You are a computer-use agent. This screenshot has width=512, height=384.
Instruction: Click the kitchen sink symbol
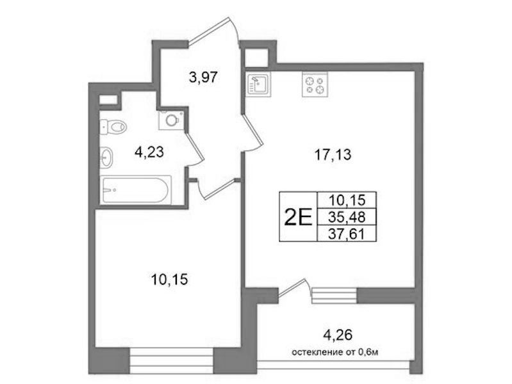point(259,84)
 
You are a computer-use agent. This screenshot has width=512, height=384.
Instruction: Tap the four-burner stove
point(315,84)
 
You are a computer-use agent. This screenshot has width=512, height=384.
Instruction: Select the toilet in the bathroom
point(113,127)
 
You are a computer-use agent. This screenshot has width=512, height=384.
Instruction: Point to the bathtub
point(135,190)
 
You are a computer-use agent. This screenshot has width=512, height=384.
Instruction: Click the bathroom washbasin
point(106,157)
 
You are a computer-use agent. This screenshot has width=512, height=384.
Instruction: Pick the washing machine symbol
point(171,120)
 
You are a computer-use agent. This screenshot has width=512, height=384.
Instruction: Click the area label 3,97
point(203,77)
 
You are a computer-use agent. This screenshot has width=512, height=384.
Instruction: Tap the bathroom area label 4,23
point(149,152)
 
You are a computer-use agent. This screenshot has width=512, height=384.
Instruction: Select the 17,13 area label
point(333,155)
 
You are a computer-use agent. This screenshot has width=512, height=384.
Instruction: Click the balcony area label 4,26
point(338,335)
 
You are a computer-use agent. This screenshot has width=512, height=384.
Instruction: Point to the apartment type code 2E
point(299,217)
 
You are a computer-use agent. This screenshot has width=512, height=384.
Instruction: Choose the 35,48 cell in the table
point(347,217)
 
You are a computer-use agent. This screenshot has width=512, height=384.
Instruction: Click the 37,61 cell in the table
point(347,233)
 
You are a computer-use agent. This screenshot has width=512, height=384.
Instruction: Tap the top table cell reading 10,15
point(347,200)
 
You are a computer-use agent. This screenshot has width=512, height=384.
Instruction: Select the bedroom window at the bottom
point(172,360)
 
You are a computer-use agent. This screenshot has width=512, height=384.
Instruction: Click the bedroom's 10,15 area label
point(169,280)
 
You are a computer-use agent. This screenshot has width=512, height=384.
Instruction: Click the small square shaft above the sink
point(256,58)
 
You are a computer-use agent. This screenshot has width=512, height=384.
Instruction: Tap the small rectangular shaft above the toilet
point(108,100)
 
